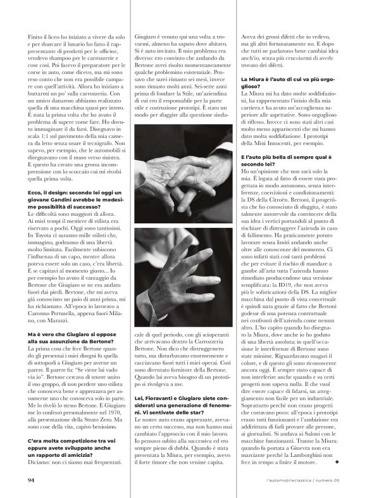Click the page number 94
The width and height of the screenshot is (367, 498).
pos(30,479)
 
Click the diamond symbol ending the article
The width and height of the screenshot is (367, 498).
pos(337,463)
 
